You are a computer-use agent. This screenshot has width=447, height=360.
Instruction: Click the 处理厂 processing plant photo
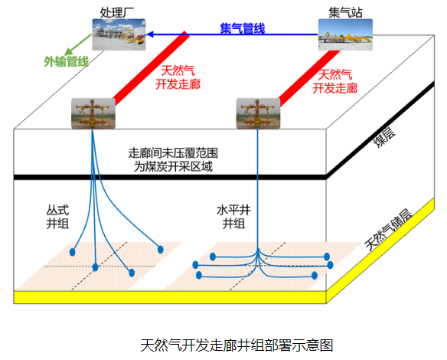point(119,34)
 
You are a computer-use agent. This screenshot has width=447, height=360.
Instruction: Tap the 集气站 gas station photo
point(345,34)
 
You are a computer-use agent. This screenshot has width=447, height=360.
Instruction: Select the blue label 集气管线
point(243,28)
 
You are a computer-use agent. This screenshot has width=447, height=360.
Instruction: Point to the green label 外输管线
point(67,61)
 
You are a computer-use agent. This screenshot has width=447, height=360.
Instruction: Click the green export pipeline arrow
point(78,44)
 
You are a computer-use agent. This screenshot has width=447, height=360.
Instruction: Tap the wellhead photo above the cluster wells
point(93,113)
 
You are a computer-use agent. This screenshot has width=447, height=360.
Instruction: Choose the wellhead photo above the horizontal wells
point(258,113)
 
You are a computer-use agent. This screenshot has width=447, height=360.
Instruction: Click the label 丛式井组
point(57,217)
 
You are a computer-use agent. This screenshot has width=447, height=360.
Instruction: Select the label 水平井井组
point(233,217)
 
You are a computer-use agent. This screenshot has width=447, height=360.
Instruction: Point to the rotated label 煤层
point(384,138)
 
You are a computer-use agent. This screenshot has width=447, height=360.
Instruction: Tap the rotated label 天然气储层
point(389,230)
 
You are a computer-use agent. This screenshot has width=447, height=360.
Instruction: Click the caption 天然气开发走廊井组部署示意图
point(237,345)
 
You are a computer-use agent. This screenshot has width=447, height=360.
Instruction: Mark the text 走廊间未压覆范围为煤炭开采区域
point(173,160)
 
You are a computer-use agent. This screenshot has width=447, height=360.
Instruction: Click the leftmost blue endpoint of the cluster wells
point(73,252)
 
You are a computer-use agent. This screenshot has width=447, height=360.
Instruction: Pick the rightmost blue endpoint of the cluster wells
point(161,250)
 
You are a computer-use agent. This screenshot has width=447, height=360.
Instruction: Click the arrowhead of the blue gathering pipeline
point(150,34)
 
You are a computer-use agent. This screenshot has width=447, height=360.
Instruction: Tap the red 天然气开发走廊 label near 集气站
point(335,82)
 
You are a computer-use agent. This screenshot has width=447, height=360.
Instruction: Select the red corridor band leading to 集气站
point(309,77)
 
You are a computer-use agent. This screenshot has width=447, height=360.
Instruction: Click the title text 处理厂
point(117,12)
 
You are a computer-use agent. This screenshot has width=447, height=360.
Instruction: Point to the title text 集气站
point(345,12)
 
